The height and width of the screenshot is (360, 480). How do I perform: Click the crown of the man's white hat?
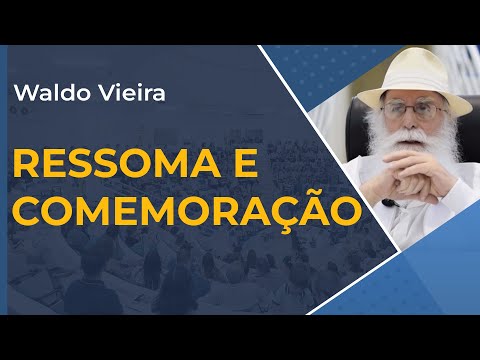coord(409,67)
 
